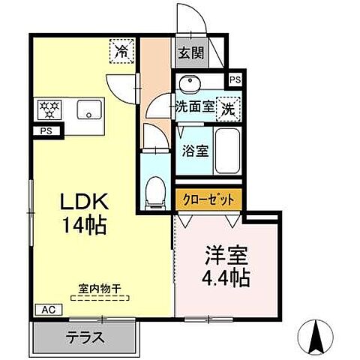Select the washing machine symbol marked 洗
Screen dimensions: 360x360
point(227,107)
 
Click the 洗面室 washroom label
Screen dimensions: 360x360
point(194,107)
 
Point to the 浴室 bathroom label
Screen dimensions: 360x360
point(195,148)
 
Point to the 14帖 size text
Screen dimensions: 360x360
point(84,223)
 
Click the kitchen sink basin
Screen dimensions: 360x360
point(89,110)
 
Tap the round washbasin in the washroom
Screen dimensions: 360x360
point(188,82)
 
